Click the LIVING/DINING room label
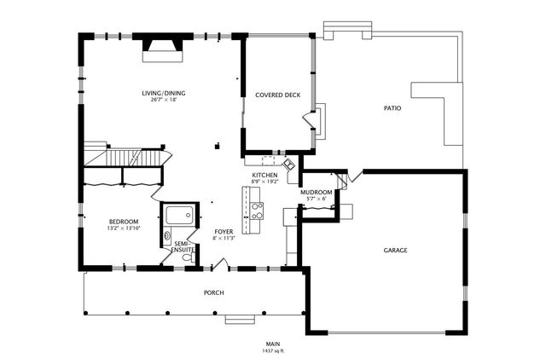[x=164, y=93]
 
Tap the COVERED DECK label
[x=278, y=95]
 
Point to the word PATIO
[x=392, y=108]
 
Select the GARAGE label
[x=395, y=251]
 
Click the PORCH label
[x=214, y=293]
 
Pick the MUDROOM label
[x=317, y=193]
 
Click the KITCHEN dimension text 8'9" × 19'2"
[x=265, y=182]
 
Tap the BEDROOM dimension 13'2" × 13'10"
[x=124, y=228]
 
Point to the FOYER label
[x=224, y=232]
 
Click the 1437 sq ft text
[x=273, y=350]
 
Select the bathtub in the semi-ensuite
[x=179, y=215]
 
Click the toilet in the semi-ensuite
[x=188, y=257]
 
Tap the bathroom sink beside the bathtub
[x=167, y=235]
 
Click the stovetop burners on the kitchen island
[x=257, y=211]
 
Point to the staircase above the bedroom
[x=128, y=158]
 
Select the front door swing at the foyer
[x=220, y=264]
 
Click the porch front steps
[x=240, y=320]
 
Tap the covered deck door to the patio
[x=309, y=120]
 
